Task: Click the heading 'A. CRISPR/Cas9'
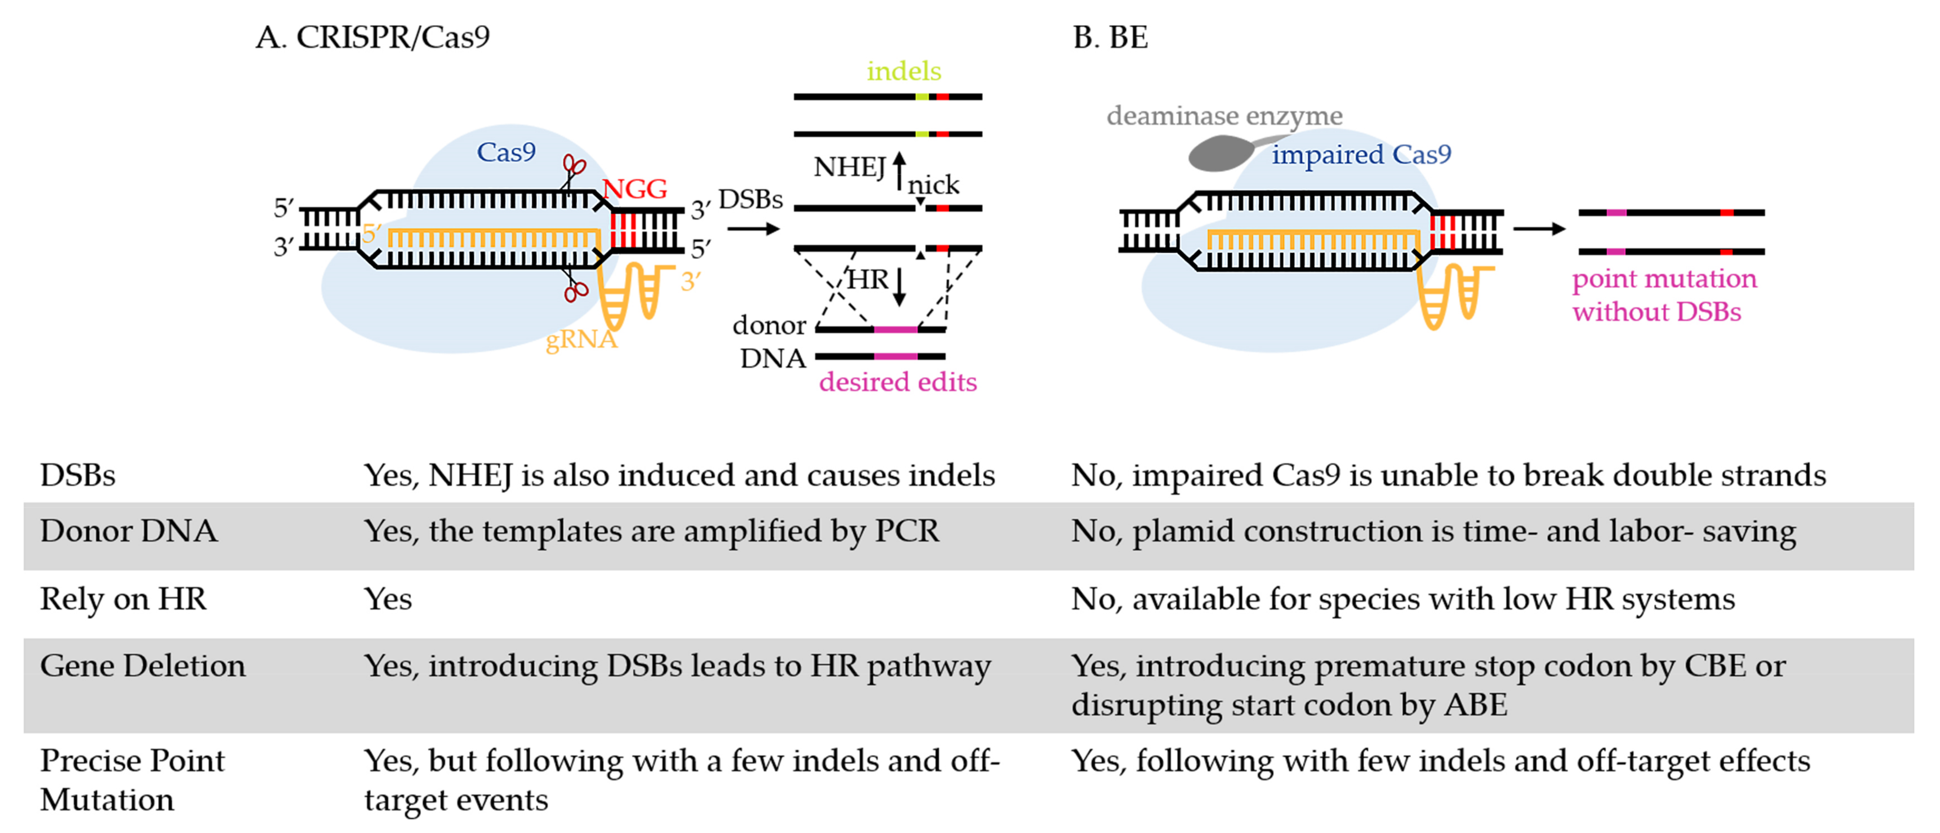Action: coord(372,37)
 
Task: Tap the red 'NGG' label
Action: coord(634,188)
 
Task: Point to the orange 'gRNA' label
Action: coord(580,340)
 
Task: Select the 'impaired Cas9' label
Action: coord(1361,154)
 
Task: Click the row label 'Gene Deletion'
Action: coord(142,666)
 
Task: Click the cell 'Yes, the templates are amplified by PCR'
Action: coord(652,531)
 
